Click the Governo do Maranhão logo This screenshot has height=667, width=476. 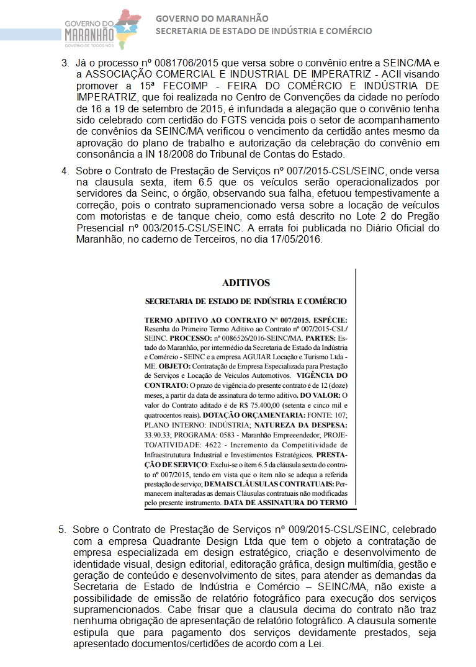(102, 29)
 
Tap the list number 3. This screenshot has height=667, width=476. (64, 63)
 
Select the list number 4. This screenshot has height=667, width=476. (64, 170)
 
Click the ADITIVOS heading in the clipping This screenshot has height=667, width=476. (246, 283)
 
